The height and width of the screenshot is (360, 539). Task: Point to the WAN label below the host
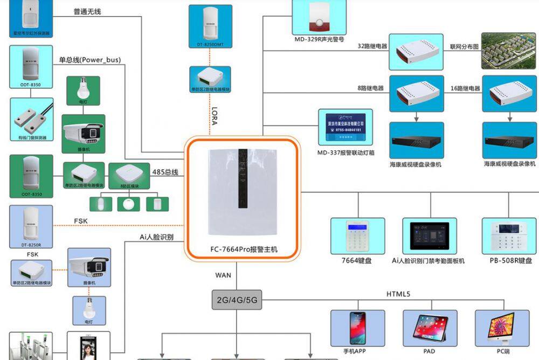(223, 275)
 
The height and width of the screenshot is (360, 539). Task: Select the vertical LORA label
(214, 115)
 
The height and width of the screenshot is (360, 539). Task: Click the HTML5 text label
(398, 294)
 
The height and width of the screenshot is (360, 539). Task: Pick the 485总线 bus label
(164, 172)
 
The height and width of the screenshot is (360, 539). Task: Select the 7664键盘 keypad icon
(357, 236)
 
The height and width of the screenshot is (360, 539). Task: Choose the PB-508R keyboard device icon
(508, 236)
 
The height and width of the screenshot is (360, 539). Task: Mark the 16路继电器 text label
(465, 88)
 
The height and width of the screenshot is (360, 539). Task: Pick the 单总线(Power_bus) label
(90, 60)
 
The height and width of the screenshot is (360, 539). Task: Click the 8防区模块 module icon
(128, 175)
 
